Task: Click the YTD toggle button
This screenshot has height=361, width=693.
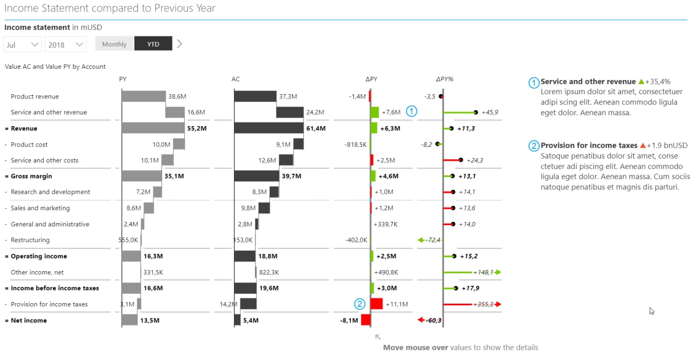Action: tap(153, 44)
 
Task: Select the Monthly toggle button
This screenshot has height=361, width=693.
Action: tap(114, 44)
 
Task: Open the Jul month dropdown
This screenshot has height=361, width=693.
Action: tap(22, 44)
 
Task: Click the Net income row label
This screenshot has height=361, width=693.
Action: tap(29, 320)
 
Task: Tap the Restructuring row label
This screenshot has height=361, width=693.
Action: tap(30, 240)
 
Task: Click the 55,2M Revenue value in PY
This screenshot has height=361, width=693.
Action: tap(197, 128)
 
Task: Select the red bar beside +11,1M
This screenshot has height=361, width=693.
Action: tap(377, 304)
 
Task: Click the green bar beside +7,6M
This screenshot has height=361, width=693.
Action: tap(375, 112)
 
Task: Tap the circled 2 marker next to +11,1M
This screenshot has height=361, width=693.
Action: tap(359, 304)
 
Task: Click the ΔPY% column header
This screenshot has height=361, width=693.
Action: tap(444, 79)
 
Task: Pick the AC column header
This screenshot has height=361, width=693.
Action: tap(236, 79)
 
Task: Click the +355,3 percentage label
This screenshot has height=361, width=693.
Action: tap(483, 304)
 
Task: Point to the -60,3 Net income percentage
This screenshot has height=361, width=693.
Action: tap(434, 320)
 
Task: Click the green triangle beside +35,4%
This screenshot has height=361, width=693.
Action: tap(641, 82)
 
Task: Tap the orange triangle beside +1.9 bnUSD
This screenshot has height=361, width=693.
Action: tap(643, 146)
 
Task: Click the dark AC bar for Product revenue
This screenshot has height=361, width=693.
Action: tap(254, 96)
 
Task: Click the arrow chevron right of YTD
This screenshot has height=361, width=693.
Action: tap(180, 44)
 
